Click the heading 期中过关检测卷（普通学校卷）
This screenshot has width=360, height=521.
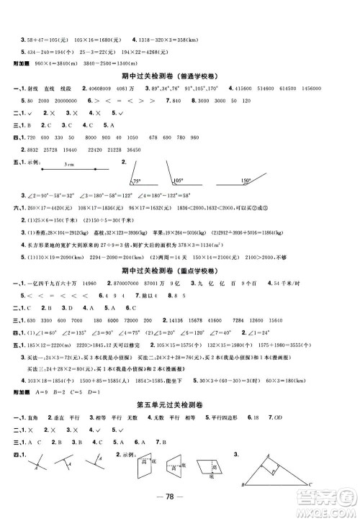point(180,74)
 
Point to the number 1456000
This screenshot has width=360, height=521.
point(336,89)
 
